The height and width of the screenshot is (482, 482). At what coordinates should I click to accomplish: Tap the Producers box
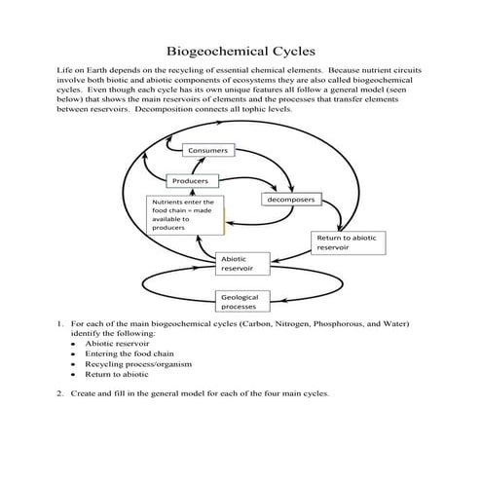click(x=192, y=182)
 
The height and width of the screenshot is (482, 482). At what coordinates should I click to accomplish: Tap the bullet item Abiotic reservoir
click(x=115, y=344)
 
